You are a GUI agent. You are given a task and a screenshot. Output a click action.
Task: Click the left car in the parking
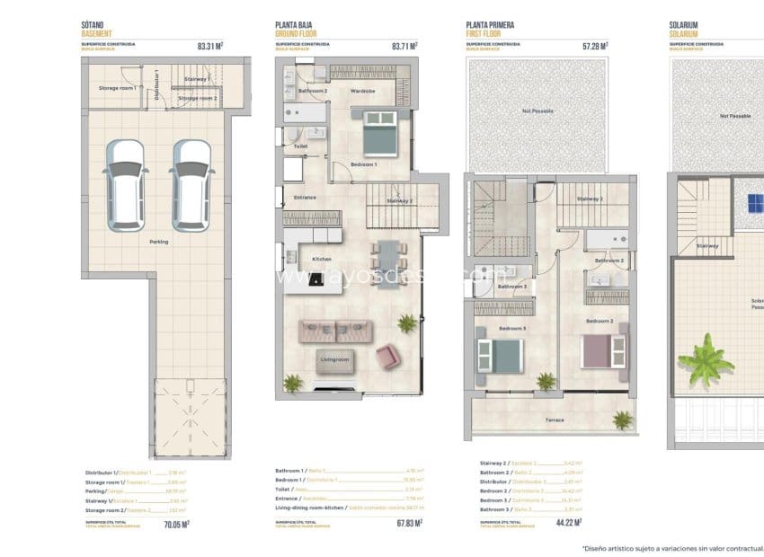tap(124, 185)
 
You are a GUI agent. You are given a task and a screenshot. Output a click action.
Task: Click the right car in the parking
tap(191, 185)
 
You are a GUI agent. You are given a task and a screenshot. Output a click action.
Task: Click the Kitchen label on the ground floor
tap(321, 259)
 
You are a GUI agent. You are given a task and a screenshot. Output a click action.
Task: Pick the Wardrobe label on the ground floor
tap(362, 92)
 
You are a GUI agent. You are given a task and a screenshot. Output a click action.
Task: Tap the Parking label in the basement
tap(158, 241)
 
